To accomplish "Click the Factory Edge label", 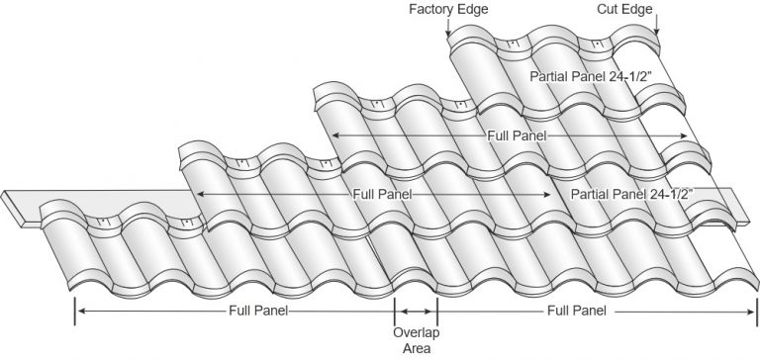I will coord(448,9).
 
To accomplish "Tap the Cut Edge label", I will coord(651,9).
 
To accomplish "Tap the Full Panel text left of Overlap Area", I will coord(252,311).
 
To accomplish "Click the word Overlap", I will coord(416,331).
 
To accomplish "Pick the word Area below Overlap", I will coord(416,347).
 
